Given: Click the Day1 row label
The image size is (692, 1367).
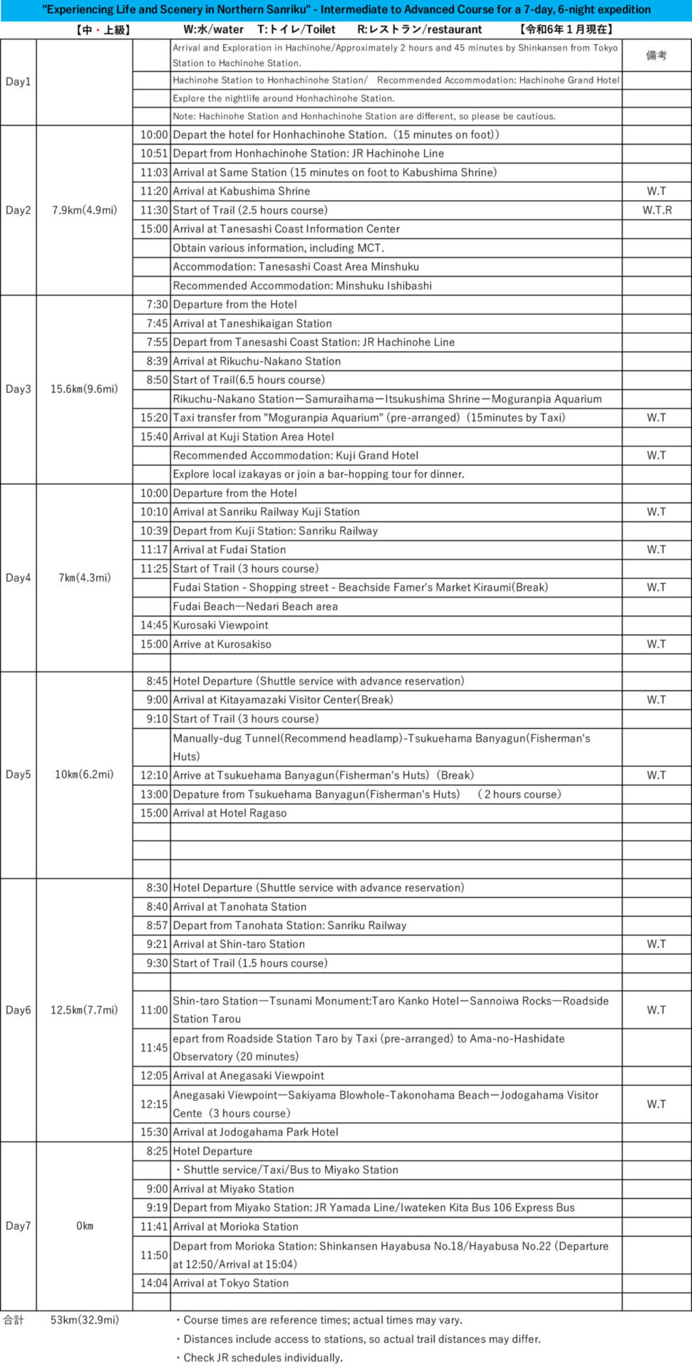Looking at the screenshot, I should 18,82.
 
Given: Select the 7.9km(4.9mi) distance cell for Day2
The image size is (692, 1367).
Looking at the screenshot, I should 84,210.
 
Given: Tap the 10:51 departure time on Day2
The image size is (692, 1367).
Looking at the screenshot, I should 154,153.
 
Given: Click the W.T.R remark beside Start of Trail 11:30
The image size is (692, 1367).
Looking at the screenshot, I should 656,210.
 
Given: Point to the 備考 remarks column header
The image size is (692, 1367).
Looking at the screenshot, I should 656,56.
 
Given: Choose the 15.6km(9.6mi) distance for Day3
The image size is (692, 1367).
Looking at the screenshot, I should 84,389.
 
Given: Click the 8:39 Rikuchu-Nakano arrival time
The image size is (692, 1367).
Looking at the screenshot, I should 157,361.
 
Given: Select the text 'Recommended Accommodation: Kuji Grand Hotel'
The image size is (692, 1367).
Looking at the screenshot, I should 296,456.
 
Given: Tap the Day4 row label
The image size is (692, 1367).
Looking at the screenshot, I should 18,577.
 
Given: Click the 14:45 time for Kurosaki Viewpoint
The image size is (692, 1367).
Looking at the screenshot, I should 154,625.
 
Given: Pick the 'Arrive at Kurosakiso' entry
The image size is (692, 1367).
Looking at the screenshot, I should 222,644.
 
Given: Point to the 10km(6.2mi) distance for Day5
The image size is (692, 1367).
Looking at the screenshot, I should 84,775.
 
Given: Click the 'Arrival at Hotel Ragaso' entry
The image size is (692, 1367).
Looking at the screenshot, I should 229,813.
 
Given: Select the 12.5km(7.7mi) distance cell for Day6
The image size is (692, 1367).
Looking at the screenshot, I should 84,1010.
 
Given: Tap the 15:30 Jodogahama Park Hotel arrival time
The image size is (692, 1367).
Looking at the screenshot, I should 154,1132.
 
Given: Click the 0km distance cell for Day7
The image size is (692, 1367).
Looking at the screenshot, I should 84,1226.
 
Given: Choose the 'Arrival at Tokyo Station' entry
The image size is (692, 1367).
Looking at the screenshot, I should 230,1283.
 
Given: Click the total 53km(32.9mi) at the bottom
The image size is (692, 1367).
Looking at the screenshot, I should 84,1320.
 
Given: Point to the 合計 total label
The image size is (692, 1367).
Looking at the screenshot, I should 14,1320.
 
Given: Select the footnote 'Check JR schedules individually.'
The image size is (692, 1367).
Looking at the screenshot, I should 262,1358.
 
